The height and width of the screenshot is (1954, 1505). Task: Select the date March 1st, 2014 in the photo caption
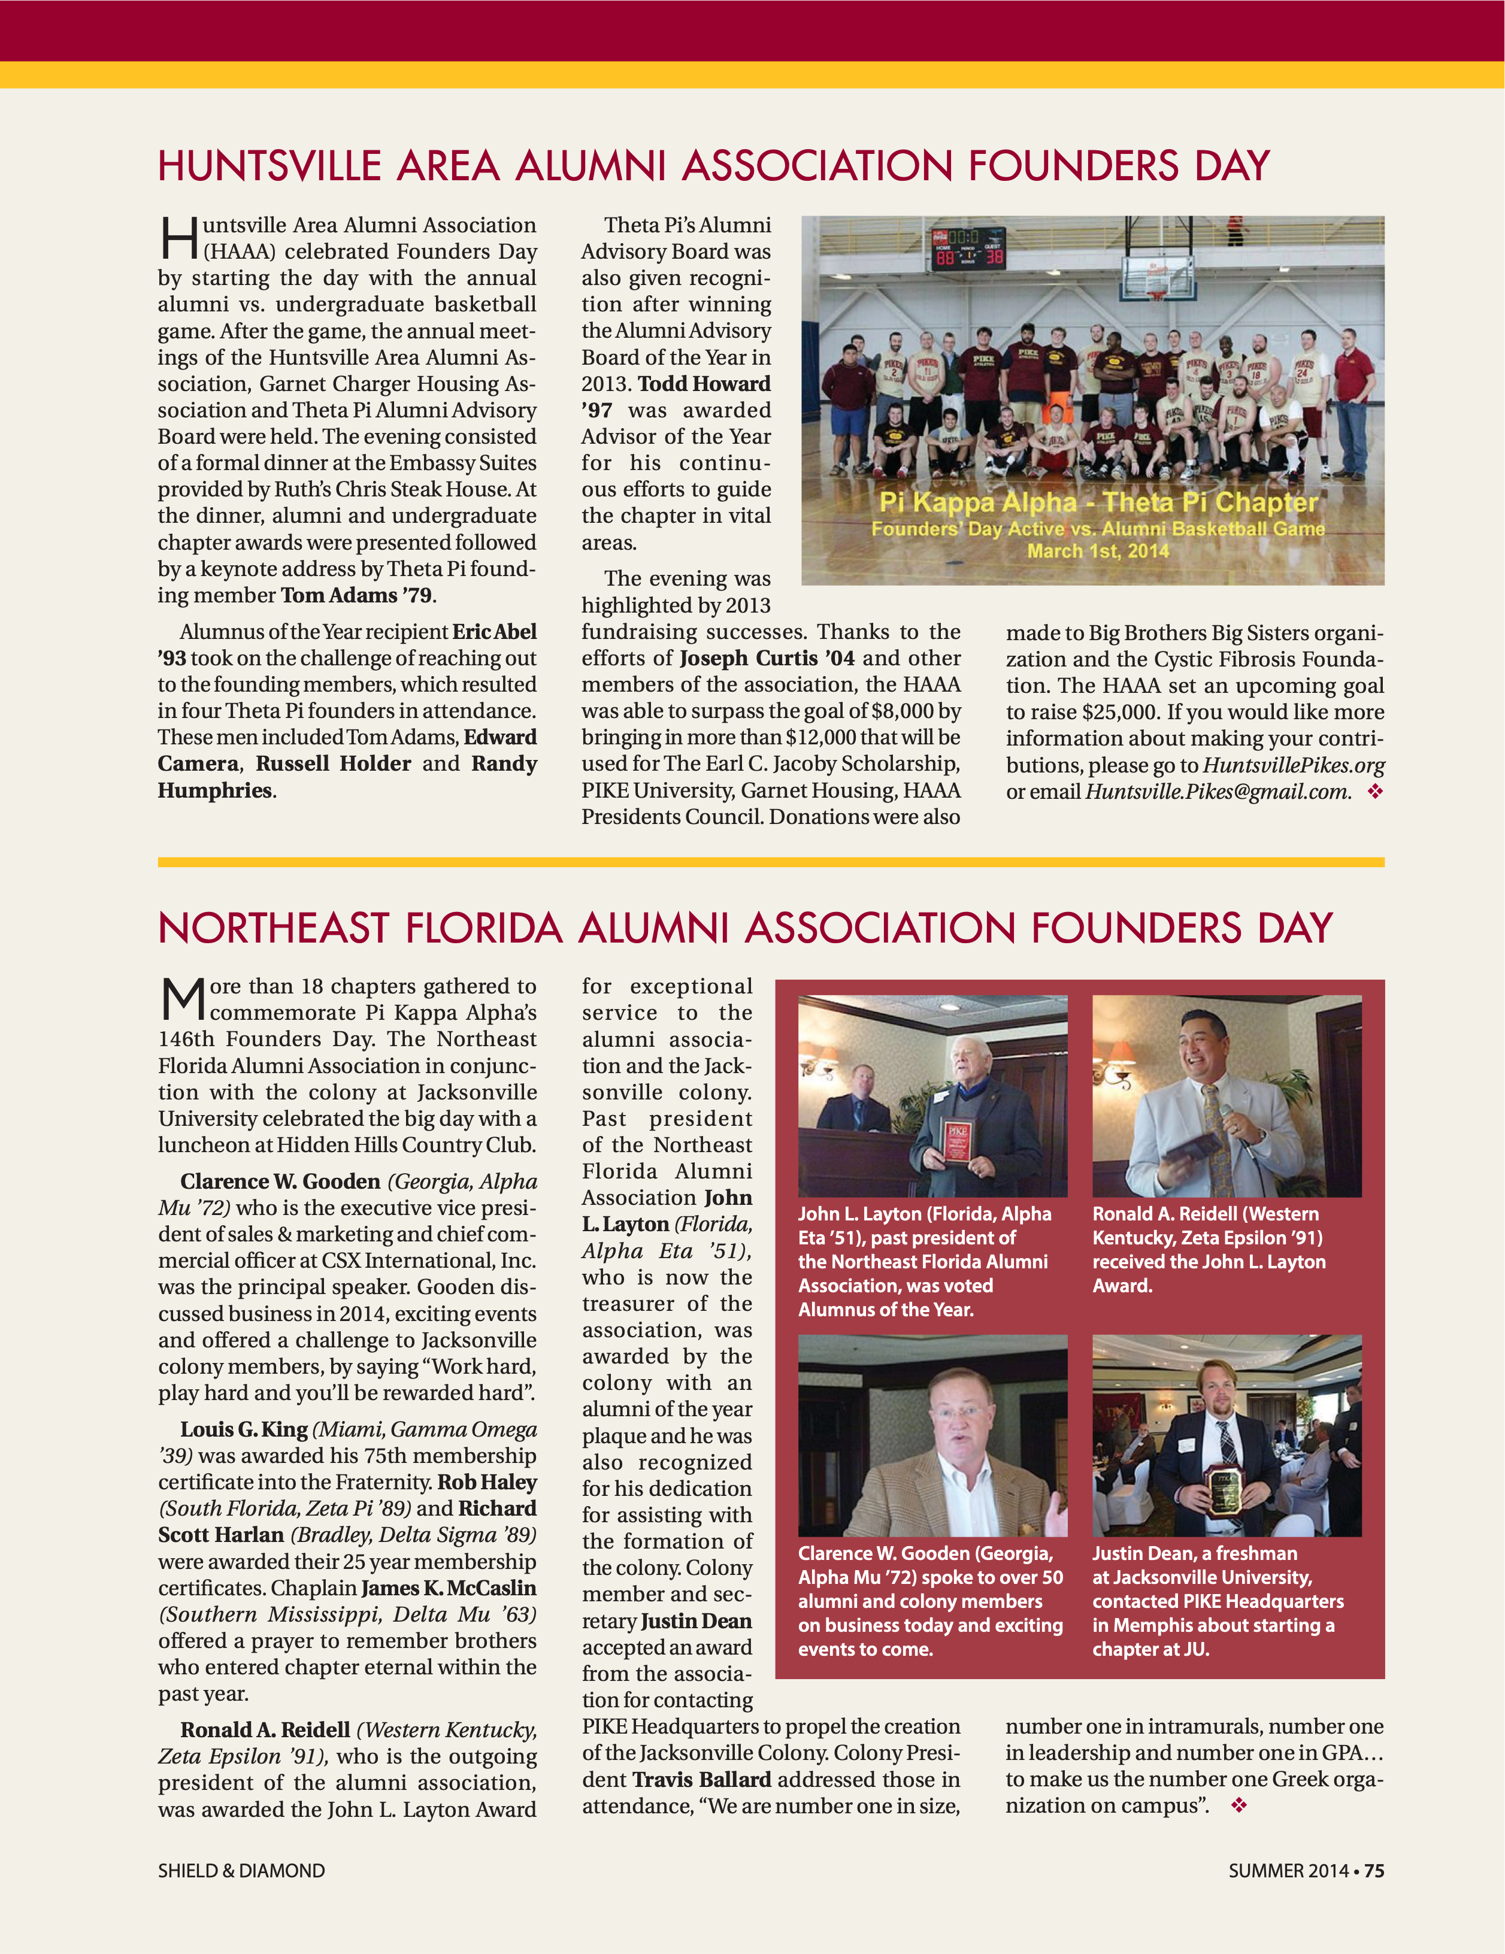[1097, 551]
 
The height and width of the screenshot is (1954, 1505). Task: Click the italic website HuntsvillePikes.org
[1293, 766]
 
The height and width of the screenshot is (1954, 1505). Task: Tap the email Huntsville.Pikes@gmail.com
[1217, 792]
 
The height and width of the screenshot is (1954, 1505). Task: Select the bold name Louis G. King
[243, 1429]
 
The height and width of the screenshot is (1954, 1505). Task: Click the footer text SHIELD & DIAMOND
[241, 1871]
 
